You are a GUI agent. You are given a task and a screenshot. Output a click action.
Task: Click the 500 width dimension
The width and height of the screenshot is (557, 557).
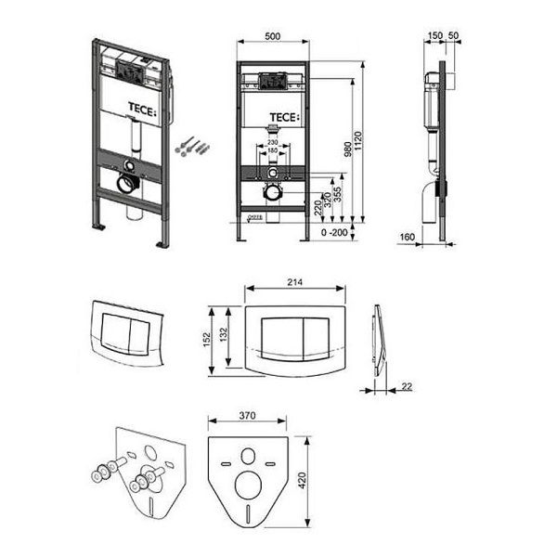click(273, 35)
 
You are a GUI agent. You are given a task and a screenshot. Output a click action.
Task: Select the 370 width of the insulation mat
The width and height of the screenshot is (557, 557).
click(246, 419)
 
